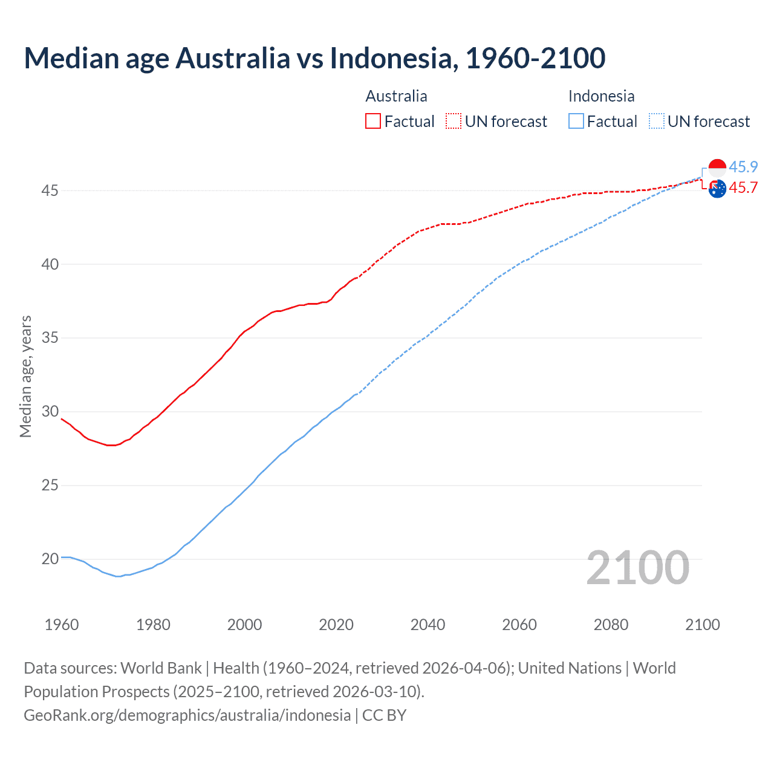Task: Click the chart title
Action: [x=314, y=58]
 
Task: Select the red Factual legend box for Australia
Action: [x=373, y=121]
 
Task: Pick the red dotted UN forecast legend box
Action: [x=454, y=121]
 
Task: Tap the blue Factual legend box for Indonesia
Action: [x=576, y=121]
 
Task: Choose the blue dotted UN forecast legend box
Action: [x=656, y=121]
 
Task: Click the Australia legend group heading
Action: [x=396, y=96]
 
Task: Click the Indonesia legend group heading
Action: [x=601, y=96]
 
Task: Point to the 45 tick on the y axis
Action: [x=50, y=190]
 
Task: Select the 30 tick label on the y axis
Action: [x=50, y=411]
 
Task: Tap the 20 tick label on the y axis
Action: [x=50, y=559]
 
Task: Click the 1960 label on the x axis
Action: [x=62, y=625]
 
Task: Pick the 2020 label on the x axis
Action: [x=336, y=625]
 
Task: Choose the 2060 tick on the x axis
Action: [x=519, y=625]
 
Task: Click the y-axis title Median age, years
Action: [x=25, y=376]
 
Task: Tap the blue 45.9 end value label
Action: [x=743, y=167]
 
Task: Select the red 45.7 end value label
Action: [x=743, y=187]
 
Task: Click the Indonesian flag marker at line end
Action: [x=717, y=168]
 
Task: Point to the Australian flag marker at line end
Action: [x=717, y=189]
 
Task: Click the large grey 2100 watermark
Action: [x=638, y=567]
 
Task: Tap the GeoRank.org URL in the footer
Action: [x=187, y=715]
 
